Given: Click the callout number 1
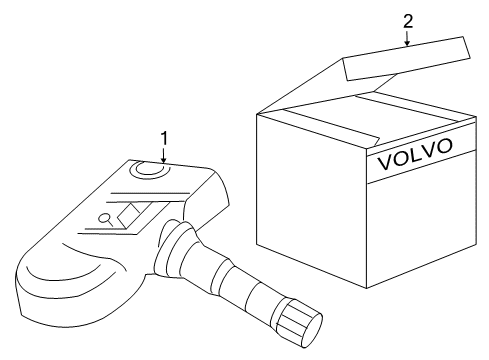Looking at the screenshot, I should pyautogui.click(x=163, y=136).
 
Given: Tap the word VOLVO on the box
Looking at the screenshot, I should pyautogui.click(x=413, y=155).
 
